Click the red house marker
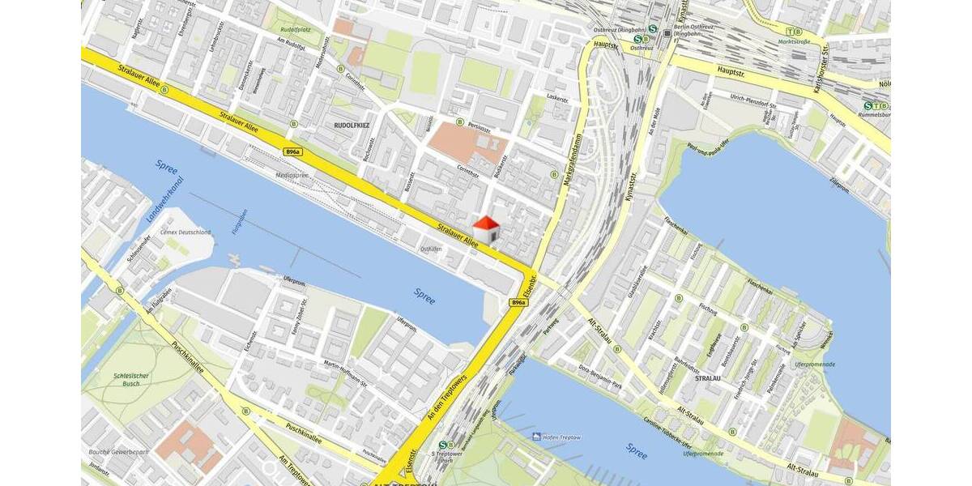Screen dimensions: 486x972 (x=486, y=228)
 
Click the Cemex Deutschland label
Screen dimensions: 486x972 (x=185, y=232)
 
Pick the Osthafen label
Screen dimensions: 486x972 (x=430, y=249)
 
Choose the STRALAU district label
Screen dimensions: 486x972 (x=707, y=377)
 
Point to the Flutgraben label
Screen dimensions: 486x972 (x=241, y=219)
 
